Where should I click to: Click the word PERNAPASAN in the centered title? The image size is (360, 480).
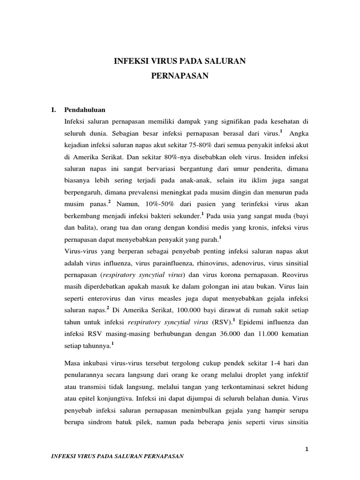tap(180, 75)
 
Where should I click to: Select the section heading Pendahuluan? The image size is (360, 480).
tap(84, 110)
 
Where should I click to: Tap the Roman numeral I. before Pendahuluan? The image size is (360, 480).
tap(54, 110)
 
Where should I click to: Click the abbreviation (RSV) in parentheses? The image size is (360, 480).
tap(223, 322)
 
